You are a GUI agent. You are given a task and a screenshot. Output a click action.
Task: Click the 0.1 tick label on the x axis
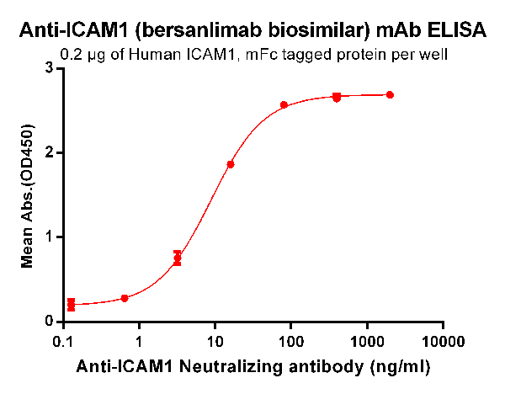pos(62,343)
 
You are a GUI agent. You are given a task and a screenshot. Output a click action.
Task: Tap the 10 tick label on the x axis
pos(215,343)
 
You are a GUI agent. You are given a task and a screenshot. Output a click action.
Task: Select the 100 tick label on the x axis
pos(290,343)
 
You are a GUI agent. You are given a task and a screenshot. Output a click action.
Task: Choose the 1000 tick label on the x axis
pos(366,343)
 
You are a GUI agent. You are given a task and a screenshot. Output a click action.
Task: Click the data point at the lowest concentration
pos(71,305)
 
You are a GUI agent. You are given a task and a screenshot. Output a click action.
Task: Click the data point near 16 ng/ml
pos(231,164)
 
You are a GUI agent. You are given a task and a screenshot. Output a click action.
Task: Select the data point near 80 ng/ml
pos(284,104)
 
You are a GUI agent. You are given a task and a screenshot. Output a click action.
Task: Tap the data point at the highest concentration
pos(390,95)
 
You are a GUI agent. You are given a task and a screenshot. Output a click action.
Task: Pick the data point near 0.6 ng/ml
pos(125,298)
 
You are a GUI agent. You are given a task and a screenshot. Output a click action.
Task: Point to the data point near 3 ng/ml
pos(178,258)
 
